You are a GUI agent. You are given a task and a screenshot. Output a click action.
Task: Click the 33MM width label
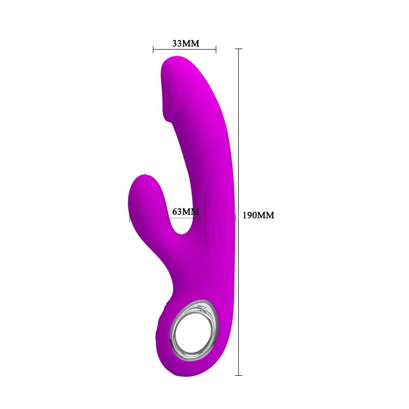point(185,43)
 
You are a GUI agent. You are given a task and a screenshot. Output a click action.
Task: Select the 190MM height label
point(258,216)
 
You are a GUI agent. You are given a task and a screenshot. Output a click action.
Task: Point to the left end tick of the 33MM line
point(153,50)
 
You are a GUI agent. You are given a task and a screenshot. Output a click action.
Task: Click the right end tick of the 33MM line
point(216,50)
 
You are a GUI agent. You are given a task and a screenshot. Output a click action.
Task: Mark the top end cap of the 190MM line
point(238,49)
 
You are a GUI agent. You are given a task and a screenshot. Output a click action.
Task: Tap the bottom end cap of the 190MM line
point(238,375)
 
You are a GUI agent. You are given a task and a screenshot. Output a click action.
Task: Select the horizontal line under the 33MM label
point(185,50)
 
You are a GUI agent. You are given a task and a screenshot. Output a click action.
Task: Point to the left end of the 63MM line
point(130,218)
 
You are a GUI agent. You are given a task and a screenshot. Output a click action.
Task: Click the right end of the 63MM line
point(235,218)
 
